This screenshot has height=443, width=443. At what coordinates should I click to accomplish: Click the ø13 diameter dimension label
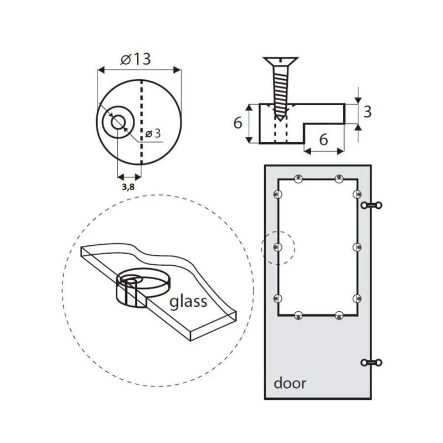(x=136, y=59)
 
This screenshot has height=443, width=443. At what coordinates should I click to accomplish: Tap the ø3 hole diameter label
(x=153, y=133)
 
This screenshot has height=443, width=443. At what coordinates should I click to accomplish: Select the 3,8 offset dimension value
(x=128, y=187)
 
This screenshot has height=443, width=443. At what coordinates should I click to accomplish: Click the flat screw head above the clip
(x=280, y=61)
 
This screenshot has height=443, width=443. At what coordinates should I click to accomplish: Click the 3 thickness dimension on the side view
(x=367, y=112)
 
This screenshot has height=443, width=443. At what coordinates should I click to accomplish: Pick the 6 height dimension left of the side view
(x=238, y=123)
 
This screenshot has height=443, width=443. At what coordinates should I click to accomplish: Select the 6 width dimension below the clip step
(x=323, y=140)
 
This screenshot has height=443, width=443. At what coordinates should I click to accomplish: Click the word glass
(x=188, y=301)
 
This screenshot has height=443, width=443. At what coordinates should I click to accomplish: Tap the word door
(x=290, y=383)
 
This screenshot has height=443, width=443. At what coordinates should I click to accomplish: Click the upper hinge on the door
(x=372, y=205)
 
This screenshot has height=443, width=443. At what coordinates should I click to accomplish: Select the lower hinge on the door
(x=372, y=363)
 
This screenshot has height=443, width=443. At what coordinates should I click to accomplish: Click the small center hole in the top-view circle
(x=118, y=122)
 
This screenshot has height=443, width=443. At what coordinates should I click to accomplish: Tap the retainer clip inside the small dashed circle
(x=278, y=248)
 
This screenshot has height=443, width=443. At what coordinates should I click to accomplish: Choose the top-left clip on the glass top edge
(x=298, y=178)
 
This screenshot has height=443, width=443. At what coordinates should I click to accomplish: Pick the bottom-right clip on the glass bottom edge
(x=339, y=315)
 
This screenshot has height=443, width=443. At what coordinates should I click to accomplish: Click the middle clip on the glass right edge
(x=357, y=248)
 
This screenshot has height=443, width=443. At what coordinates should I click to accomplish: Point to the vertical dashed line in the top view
(x=141, y=122)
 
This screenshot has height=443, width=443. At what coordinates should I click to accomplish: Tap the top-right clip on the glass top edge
(x=339, y=178)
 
